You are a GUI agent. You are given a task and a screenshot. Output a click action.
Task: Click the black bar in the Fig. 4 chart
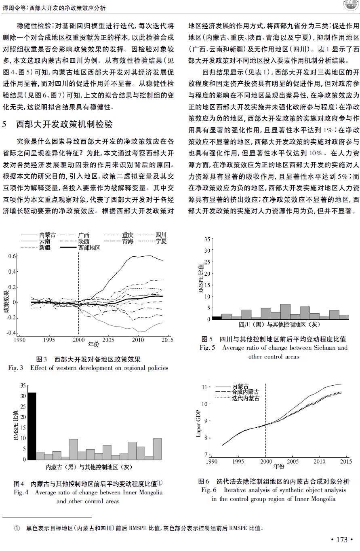(32, 426)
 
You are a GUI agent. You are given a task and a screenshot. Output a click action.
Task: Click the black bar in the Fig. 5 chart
(217, 318)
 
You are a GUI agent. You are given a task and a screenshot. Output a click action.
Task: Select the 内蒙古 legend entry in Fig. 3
(39, 234)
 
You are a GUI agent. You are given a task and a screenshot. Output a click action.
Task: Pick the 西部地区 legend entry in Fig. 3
(80, 248)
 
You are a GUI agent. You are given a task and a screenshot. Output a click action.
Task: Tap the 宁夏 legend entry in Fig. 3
(152, 241)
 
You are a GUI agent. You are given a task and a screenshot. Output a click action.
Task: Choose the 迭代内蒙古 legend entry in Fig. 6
(237, 398)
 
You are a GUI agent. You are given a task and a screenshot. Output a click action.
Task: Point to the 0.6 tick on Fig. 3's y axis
(12, 256)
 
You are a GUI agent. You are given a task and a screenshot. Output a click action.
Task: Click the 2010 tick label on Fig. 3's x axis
(138, 340)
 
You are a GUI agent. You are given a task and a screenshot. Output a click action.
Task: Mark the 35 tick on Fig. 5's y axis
(207, 239)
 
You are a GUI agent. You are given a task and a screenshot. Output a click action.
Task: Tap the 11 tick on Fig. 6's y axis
(204, 387)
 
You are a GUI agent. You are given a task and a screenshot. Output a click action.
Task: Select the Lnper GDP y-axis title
(198, 424)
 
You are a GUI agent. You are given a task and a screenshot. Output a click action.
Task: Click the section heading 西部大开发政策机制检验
(64, 124)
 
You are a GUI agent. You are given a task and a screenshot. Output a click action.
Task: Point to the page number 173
(342, 539)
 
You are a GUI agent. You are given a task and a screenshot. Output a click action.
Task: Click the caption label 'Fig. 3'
(15, 368)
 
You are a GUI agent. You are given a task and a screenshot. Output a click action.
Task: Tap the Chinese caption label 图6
(204, 481)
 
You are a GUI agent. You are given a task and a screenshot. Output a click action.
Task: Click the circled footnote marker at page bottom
(17, 528)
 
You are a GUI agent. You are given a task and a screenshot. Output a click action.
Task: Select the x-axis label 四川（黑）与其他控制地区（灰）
(280, 325)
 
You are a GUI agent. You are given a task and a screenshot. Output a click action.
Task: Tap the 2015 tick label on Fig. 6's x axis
(346, 462)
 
